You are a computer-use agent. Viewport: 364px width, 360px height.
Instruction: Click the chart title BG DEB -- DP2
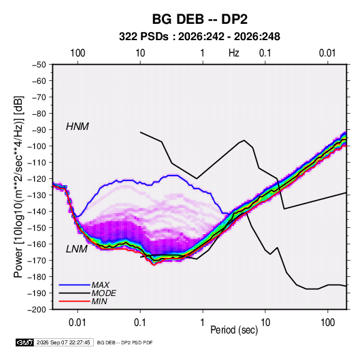tap(200, 19)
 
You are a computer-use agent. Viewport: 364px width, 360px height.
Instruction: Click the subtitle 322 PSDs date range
tap(199, 37)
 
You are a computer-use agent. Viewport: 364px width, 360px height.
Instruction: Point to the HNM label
tap(78, 127)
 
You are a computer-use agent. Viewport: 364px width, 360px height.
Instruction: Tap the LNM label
tap(77, 249)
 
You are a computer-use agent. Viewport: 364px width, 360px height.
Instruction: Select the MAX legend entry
tap(100, 285)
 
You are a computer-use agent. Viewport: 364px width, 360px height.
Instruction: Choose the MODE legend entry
tap(104, 293)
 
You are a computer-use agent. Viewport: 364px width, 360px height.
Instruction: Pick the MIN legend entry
tap(99, 301)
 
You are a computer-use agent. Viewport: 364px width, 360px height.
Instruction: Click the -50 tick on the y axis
tap(39, 65)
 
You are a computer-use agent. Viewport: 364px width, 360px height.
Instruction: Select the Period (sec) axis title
tap(234, 330)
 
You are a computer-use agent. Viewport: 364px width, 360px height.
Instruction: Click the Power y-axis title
tap(18, 186)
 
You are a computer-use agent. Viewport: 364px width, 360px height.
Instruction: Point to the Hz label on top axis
tap(234, 53)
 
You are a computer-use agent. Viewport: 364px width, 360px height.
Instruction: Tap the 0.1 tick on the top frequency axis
tap(265, 53)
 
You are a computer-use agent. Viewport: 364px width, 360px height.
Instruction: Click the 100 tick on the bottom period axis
tap(327, 323)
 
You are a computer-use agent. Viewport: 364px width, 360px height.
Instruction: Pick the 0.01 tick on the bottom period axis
tap(78, 323)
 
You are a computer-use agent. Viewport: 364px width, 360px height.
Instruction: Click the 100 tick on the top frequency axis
tap(78, 53)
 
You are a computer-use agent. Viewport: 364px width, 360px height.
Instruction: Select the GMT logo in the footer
tap(24, 342)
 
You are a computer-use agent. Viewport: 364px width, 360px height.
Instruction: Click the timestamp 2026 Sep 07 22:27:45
tap(63, 342)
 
